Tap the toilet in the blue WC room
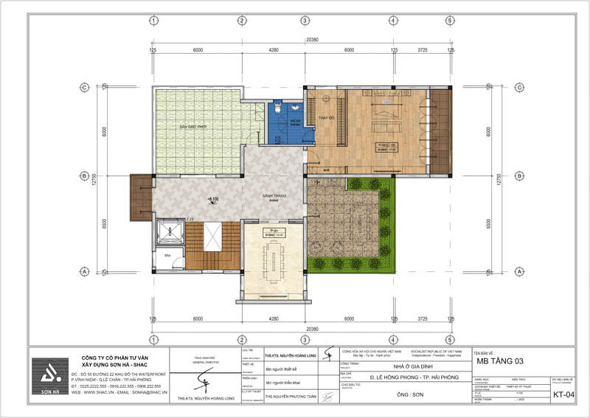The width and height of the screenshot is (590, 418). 277,108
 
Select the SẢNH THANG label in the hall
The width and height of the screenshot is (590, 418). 273,196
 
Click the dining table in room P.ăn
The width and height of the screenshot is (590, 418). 273,259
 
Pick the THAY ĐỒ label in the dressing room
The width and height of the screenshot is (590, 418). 327,118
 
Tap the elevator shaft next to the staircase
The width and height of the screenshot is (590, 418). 170,233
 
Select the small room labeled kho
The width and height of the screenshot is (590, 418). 168,255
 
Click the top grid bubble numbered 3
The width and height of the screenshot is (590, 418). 304,21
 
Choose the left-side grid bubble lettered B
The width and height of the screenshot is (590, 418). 85,176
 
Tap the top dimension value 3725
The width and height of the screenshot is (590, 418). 422,50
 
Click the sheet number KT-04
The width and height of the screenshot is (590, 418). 566,396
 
